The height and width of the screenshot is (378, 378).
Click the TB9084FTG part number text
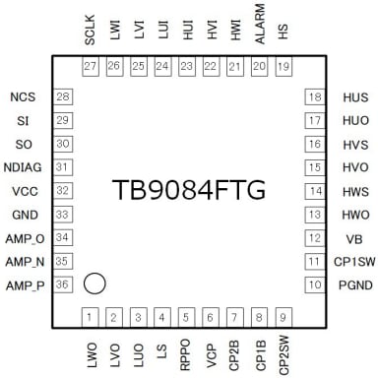[189, 190]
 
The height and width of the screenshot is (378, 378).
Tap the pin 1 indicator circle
[94, 283]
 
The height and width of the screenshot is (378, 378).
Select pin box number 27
[91, 66]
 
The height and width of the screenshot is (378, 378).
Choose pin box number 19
[283, 66]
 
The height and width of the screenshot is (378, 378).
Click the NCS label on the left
[24, 96]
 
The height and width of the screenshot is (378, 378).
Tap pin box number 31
[63, 167]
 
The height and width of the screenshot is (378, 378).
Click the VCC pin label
[26, 191]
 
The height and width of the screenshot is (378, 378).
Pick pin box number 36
[63, 285]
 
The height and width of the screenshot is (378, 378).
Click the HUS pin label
[355, 96]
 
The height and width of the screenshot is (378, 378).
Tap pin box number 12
[315, 238]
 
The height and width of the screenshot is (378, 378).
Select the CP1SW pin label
[353, 262]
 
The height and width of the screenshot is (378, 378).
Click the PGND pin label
[355, 285]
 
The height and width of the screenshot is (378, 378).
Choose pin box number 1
[91, 316]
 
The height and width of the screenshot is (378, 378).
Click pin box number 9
[283, 316]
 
